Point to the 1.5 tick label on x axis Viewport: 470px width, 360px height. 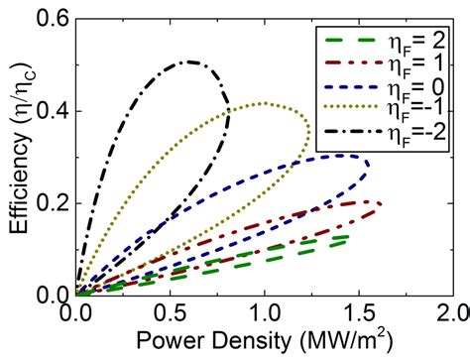pyautogui.click(x=358, y=313)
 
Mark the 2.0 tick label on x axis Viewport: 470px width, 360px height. pyautogui.click(x=447, y=313)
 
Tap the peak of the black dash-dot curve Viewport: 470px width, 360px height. pyautogui.click(x=188, y=62)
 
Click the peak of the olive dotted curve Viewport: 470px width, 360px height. pyautogui.click(x=262, y=103)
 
